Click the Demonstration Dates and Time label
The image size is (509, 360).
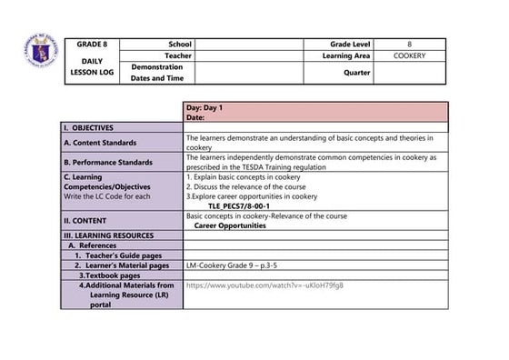coord(157,73)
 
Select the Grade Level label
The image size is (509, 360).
coord(349,44)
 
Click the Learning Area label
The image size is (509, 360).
coord(345,55)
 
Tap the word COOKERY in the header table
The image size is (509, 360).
coord(409,55)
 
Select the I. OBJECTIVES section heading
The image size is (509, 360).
coord(95,129)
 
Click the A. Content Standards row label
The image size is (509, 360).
coord(100,143)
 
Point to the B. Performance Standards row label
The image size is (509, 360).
coord(107,162)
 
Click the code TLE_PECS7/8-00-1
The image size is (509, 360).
coord(239,205)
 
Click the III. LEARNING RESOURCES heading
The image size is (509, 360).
coord(115,235)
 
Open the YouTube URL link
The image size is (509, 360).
coord(265,285)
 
